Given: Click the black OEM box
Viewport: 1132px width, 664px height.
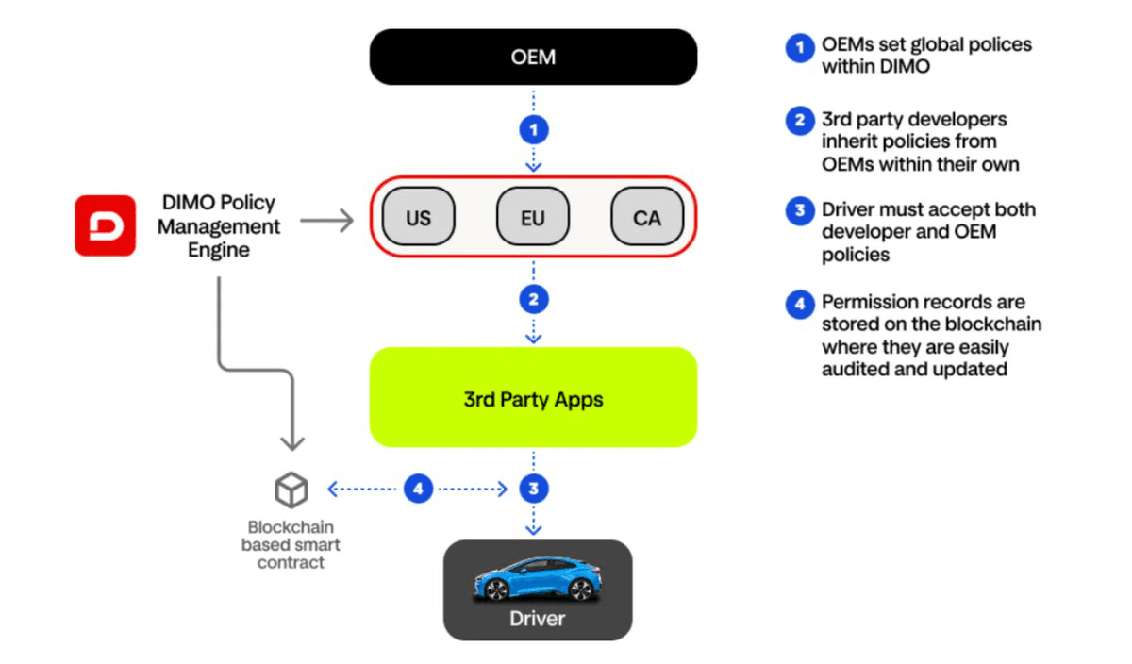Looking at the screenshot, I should tap(533, 58).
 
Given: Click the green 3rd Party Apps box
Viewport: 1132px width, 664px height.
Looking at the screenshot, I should tap(533, 398).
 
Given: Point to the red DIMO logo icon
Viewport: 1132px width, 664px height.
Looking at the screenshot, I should tap(106, 225).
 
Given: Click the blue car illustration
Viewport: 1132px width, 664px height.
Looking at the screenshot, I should tap(536, 578).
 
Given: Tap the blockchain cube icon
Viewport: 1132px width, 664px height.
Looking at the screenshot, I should tap(291, 490).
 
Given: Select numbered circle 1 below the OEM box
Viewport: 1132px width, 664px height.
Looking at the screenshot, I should tap(534, 129).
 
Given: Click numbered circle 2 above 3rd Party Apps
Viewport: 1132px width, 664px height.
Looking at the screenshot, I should tap(534, 300).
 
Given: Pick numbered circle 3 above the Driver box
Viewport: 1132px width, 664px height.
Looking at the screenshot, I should tap(534, 489).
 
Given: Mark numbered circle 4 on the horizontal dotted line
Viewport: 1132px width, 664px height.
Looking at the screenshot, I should tap(418, 489).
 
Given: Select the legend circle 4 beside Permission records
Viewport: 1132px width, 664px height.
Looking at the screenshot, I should tap(800, 305).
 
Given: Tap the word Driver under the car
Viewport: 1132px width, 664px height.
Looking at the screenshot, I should tap(537, 619).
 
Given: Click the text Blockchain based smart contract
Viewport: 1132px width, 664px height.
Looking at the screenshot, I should tap(291, 545).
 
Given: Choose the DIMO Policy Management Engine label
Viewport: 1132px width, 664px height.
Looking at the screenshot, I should tap(219, 226).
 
